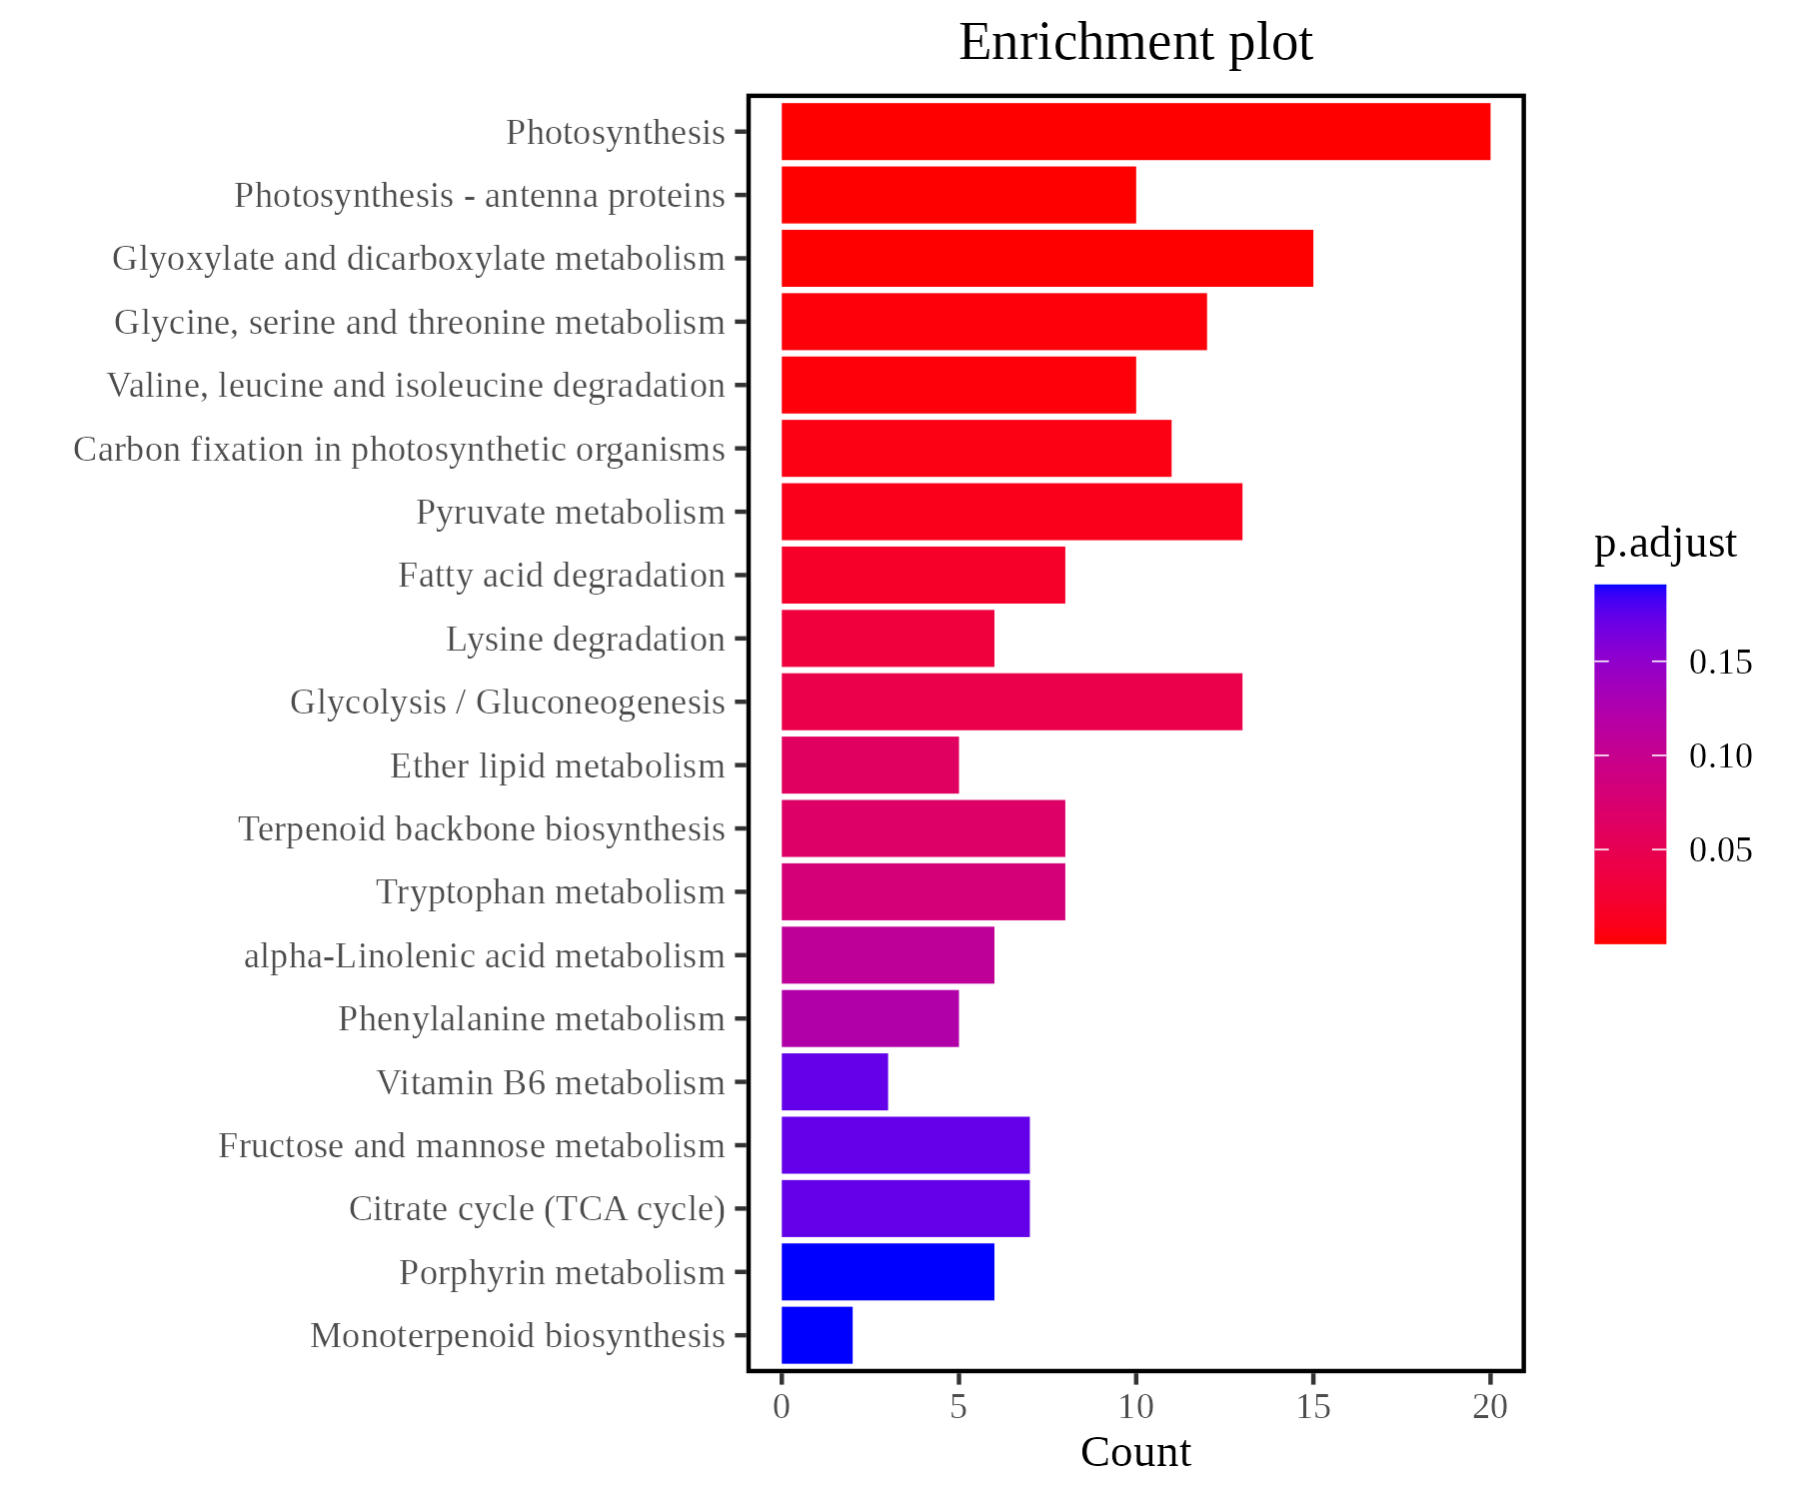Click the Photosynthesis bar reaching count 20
[1134, 131]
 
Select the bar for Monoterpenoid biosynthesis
[817, 1335]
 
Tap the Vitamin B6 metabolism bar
[835, 1081]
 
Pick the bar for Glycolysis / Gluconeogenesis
[1011, 702]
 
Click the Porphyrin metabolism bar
[888, 1272]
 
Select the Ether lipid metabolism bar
[870, 765]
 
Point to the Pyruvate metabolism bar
[1011, 512]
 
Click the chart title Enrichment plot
[1135, 43]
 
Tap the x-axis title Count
[1135, 1453]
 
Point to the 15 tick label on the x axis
[1313, 1407]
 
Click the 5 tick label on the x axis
[958, 1407]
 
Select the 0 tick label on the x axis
[782, 1407]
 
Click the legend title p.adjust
[1665, 544]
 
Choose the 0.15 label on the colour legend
[1720, 663]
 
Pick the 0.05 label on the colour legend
[1720, 850]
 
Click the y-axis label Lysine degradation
[585, 640]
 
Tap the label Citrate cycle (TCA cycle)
[537, 1209]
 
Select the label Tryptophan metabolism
[550, 892]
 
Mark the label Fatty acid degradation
[561, 576]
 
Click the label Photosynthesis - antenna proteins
[480, 196]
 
